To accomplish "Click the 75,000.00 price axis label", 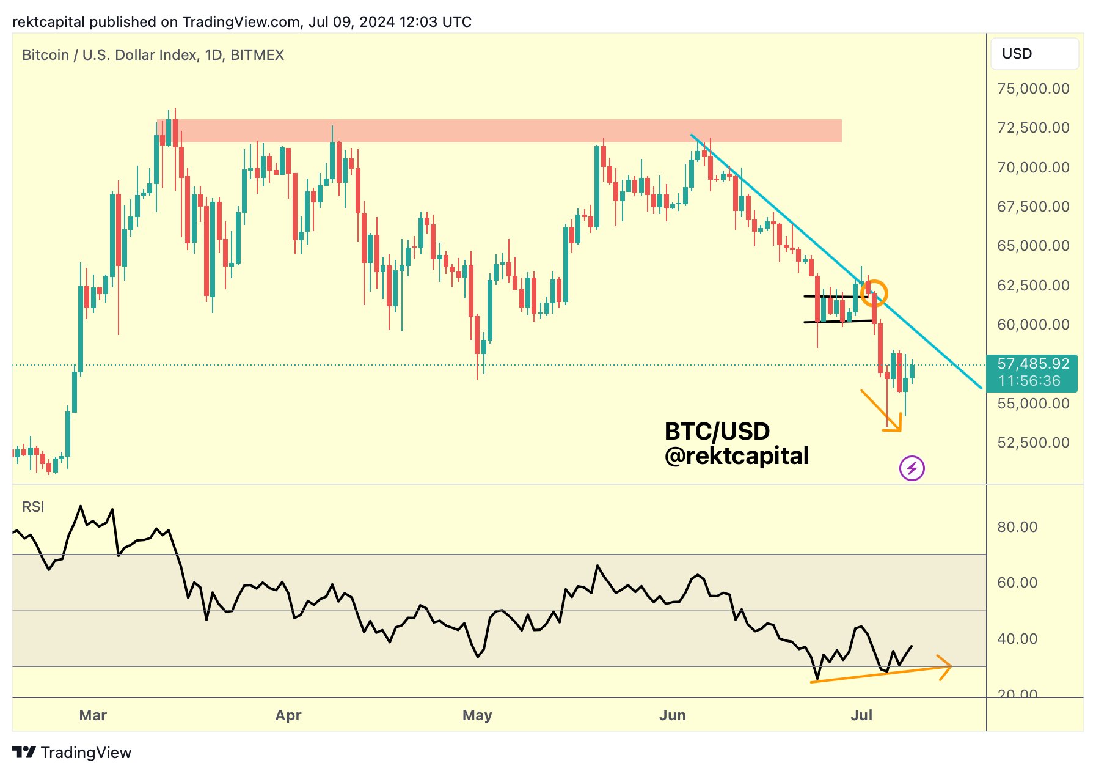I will pos(1033,89).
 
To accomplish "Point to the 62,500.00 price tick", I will pos(1033,286).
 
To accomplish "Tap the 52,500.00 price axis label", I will pos(1033,443).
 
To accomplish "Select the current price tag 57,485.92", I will pos(1032,364).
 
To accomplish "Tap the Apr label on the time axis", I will pos(288,715).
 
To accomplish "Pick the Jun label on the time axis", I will pos(672,715).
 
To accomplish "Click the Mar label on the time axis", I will pos(93,715).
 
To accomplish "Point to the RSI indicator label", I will pos(33,507).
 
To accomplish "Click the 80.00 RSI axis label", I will pos(1017,527).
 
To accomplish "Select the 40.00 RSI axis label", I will pos(1017,639).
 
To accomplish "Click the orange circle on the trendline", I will pos(874,292).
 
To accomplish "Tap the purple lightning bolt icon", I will pos(912,469).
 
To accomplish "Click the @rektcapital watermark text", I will pos(737,456).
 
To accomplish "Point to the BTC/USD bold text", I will pos(717,432).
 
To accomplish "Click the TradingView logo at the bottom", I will pos(72,753).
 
